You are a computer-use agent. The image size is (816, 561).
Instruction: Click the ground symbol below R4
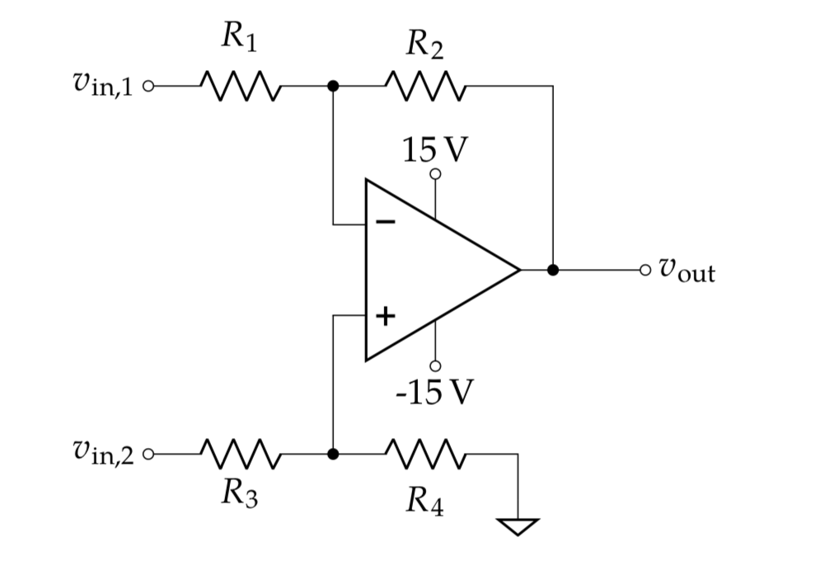pyautogui.click(x=518, y=525)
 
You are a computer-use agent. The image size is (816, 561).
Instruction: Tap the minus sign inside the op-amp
pyautogui.click(x=385, y=222)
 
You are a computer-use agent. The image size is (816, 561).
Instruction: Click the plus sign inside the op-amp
pyautogui.click(x=385, y=315)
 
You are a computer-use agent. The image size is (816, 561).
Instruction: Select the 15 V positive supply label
pyautogui.click(x=434, y=149)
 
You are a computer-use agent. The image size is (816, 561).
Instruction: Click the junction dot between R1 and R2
pyautogui.click(x=332, y=85)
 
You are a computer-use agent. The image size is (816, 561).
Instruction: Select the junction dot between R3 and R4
pyautogui.click(x=332, y=454)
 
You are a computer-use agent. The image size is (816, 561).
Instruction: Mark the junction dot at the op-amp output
pyautogui.click(x=553, y=269)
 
